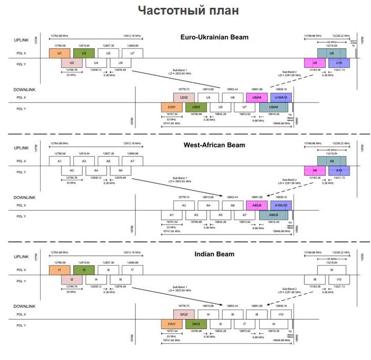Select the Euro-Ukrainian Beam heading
tap(214, 37)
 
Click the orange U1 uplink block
tap(60, 53)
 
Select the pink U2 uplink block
tap(72, 63)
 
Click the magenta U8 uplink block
tap(315, 63)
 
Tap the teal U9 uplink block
tap(332, 53)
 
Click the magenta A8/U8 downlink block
tap(257, 205)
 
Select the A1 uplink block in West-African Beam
tap(60, 162)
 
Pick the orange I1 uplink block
tap(60, 270)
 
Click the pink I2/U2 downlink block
tap(184, 314)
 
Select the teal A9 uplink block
tap(332, 162)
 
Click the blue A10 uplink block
tap(339, 171)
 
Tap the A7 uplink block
tap(132, 162)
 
